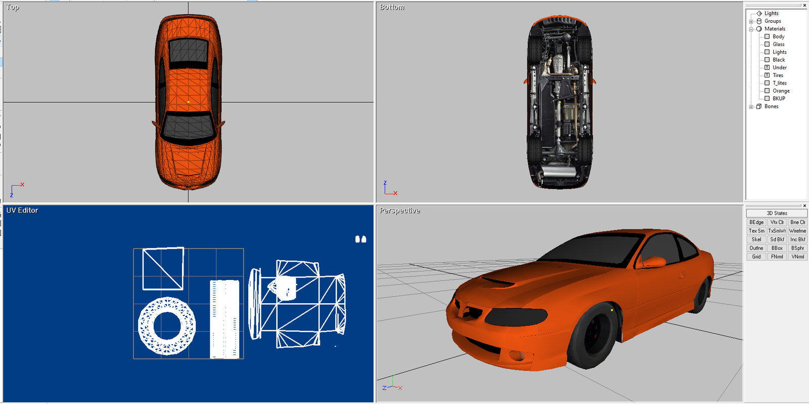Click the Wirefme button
pyautogui.click(x=797, y=231)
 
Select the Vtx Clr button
pyautogui.click(x=777, y=222)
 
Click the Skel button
pyautogui.click(x=756, y=239)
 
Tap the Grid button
pyautogui.click(x=756, y=257)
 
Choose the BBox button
pyautogui.click(x=777, y=248)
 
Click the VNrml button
pyautogui.click(x=797, y=257)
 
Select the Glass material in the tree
pyautogui.click(x=778, y=44)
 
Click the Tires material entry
pyautogui.click(x=778, y=75)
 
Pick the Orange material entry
pyautogui.click(x=781, y=91)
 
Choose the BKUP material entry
pyautogui.click(x=779, y=98)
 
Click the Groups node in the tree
pyautogui.click(x=773, y=21)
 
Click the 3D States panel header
pyautogui.click(x=777, y=213)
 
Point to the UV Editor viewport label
pyautogui.click(x=22, y=210)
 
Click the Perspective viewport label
pyautogui.click(x=399, y=211)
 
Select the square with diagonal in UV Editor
pyautogui.click(x=163, y=269)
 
